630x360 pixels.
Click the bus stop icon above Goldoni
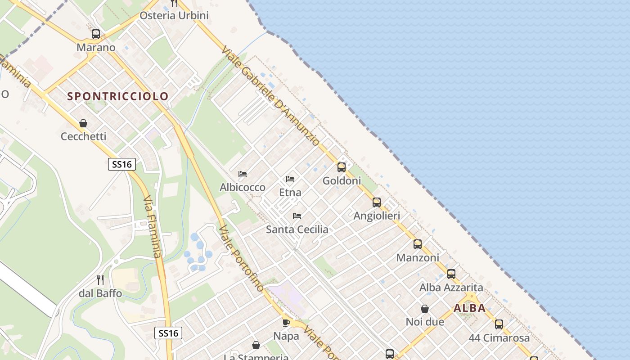[x=342, y=167]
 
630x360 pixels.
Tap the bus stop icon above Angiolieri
[x=377, y=202]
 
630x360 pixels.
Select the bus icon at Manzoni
[x=418, y=244]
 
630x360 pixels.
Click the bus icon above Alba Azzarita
[x=451, y=274]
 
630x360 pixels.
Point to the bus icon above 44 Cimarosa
[x=499, y=324]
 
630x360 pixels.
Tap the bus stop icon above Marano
[x=96, y=34]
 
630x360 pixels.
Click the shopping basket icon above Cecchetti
[x=83, y=123]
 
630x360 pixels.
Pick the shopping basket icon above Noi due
[x=425, y=309]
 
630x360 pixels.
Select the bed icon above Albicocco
[x=243, y=174]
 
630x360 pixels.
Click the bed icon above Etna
[x=290, y=179]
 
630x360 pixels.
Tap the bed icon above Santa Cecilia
[x=297, y=216]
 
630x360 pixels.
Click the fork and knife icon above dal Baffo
[x=100, y=280]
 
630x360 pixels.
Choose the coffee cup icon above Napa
[x=286, y=322]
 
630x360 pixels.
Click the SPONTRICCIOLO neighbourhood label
[x=118, y=96]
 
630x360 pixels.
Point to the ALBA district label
[x=470, y=308]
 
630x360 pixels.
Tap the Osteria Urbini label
[x=174, y=16]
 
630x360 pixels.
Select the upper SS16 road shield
[x=122, y=164]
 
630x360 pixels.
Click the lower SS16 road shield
[x=169, y=333]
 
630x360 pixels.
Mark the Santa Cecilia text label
[x=297, y=229]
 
